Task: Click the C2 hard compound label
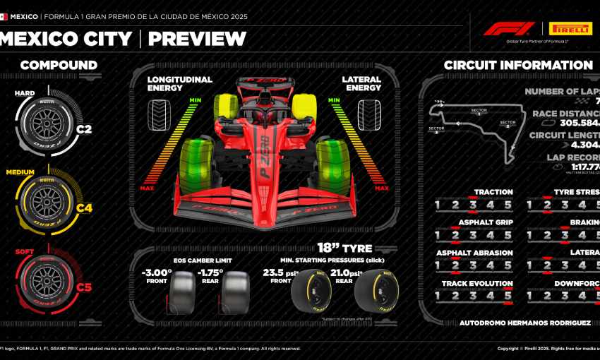click(x=84, y=129)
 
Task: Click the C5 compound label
click(x=84, y=287)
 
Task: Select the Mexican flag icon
click(x=4, y=16)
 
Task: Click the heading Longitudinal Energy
click(x=179, y=84)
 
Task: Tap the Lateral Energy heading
click(x=361, y=84)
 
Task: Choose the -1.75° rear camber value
click(x=210, y=272)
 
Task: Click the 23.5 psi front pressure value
click(x=277, y=272)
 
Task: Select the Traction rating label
click(x=493, y=192)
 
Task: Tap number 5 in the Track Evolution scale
click(x=508, y=296)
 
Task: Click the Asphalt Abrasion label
click(x=474, y=253)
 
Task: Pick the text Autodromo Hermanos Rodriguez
click(x=525, y=323)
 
